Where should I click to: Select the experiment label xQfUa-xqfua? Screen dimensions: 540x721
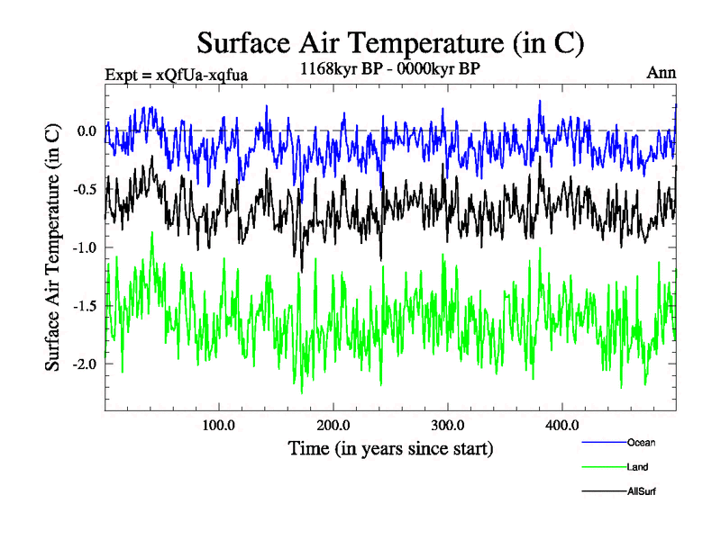point(176,74)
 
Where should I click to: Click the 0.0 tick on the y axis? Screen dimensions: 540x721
point(87,130)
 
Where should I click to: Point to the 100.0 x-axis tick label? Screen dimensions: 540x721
point(219,425)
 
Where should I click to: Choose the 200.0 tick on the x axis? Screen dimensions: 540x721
point(333,425)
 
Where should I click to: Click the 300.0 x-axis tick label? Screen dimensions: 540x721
point(448,425)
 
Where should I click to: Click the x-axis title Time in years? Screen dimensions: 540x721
point(390,447)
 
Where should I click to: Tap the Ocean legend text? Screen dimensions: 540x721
point(641,442)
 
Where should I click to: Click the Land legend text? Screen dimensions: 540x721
point(637,467)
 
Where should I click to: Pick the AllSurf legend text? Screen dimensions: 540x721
point(641,491)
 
